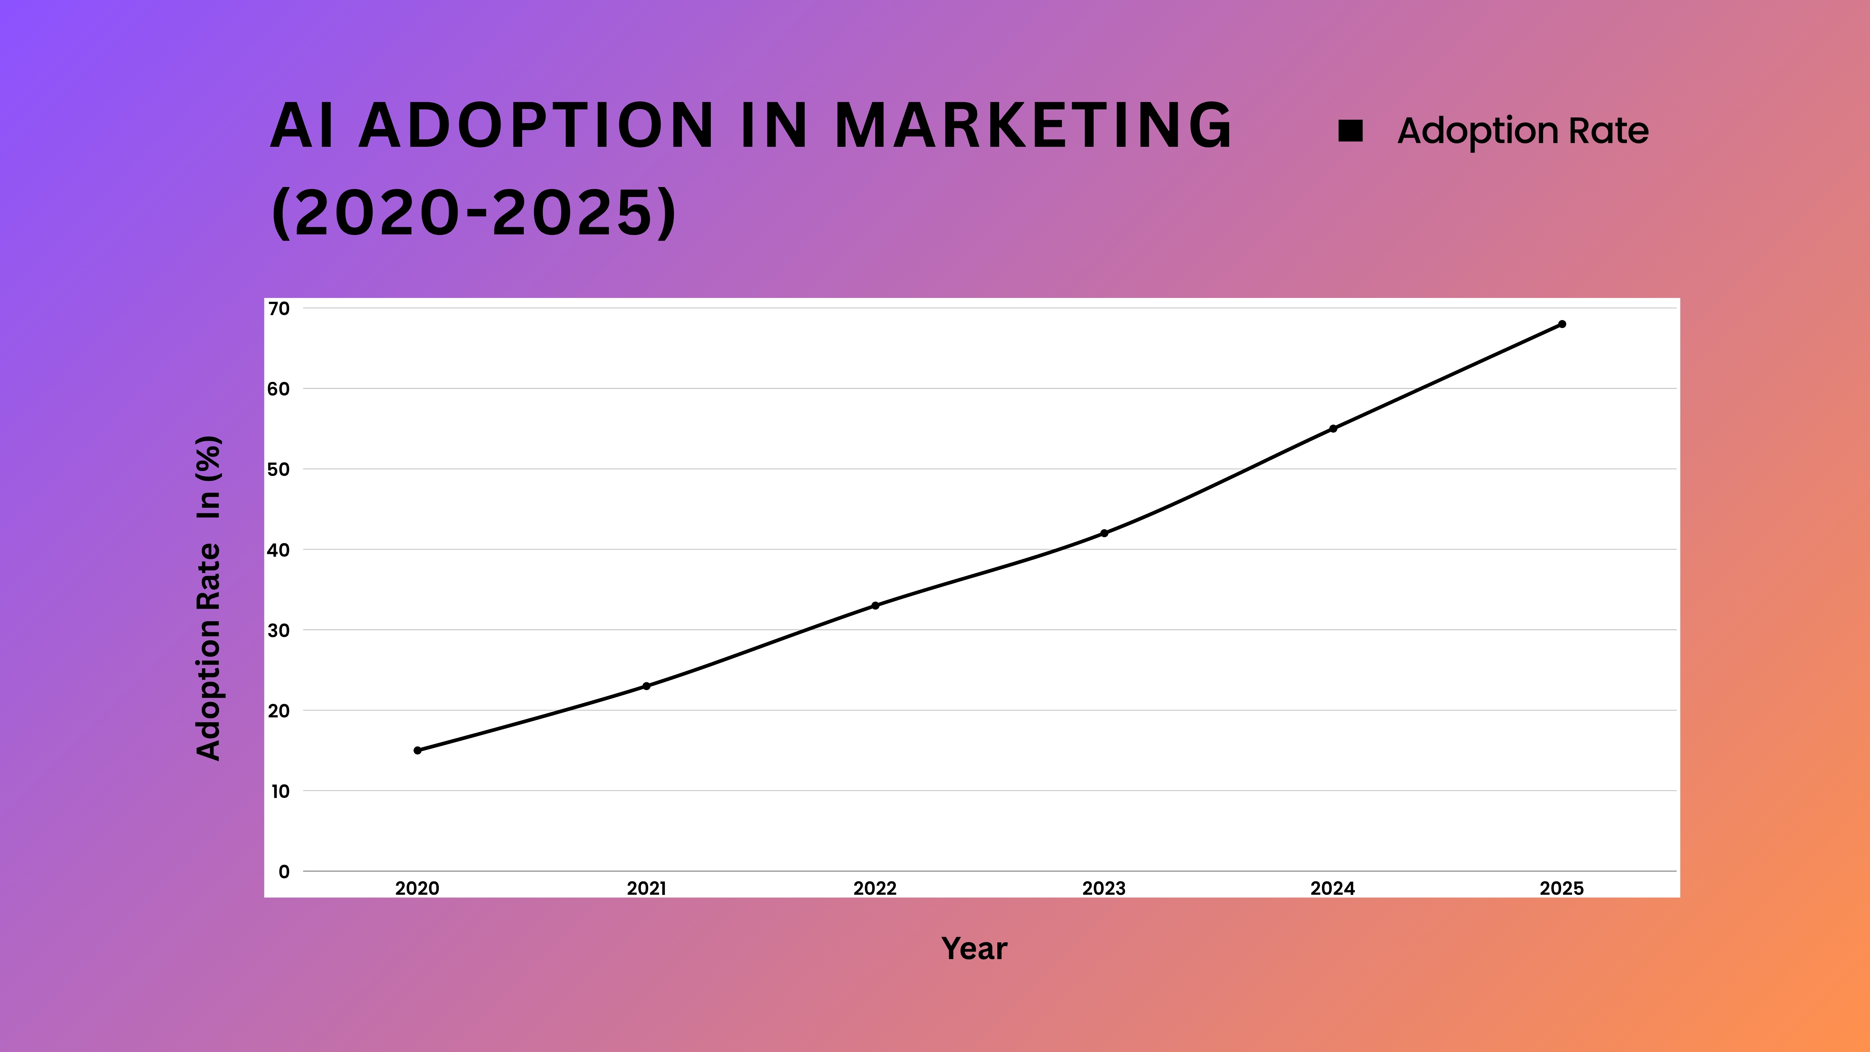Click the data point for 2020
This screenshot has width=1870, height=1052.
pyautogui.click(x=417, y=750)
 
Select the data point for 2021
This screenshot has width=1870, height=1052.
pyautogui.click(x=646, y=686)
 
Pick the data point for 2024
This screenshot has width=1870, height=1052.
pyautogui.click(x=1333, y=428)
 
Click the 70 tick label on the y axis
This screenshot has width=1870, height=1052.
pyautogui.click(x=279, y=309)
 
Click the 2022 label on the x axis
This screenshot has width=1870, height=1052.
pyautogui.click(x=875, y=888)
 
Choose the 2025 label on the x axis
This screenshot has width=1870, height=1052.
pyautogui.click(x=1561, y=888)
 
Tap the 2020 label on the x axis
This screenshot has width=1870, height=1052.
pyautogui.click(x=417, y=888)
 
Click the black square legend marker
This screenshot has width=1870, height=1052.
pyautogui.click(x=1350, y=131)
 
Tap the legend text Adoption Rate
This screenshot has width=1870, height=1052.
pyautogui.click(x=1523, y=131)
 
